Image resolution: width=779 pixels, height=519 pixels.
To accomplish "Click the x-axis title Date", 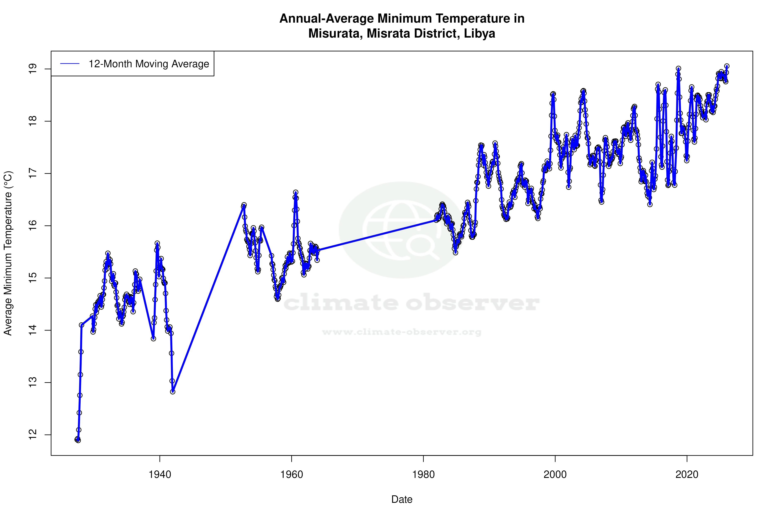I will tap(402, 499).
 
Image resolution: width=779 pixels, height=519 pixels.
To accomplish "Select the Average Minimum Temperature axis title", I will tap(8, 253).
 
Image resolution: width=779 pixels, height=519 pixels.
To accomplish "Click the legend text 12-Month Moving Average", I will tap(149, 64).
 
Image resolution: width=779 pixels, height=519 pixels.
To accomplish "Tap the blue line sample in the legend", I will tap(70, 64).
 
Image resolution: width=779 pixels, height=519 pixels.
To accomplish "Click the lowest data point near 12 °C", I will tap(78, 440).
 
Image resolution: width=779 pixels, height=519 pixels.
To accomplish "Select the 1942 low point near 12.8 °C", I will tap(173, 392).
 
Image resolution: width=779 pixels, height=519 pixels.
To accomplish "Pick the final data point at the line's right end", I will tap(727, 66).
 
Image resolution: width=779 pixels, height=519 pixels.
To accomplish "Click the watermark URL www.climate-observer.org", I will tap(402, 332).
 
